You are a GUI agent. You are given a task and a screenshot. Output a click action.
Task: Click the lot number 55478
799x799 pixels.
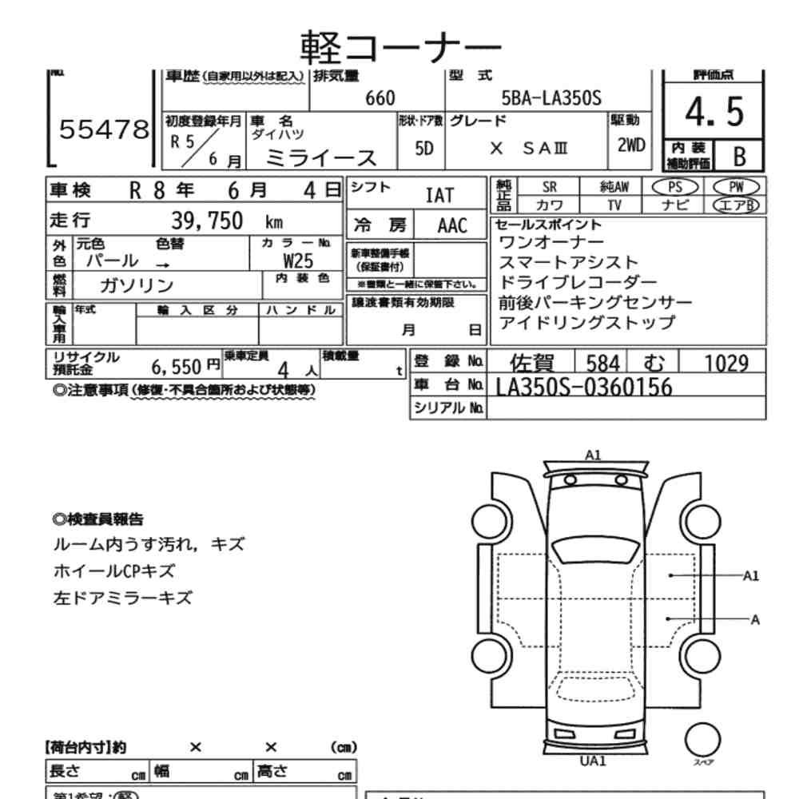coord(104,130)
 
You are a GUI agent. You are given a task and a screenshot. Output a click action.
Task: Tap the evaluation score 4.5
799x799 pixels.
coord(714,113)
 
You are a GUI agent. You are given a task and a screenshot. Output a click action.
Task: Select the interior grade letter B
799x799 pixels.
coord(738,156)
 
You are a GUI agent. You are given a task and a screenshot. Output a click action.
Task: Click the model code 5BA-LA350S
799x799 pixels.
coord(551,98)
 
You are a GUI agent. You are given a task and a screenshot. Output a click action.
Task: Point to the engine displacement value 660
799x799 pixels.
coord(380,98)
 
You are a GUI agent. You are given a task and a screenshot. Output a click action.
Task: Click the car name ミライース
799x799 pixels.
coord(320,157)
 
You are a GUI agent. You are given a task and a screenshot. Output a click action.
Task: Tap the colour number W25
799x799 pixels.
coord(298,260)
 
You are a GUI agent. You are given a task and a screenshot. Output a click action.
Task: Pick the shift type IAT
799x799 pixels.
coord(439,195)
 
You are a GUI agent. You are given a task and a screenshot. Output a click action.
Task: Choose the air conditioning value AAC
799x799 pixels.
coord(452,225)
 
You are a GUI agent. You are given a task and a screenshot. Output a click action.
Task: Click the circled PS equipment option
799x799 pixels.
coord(675,186)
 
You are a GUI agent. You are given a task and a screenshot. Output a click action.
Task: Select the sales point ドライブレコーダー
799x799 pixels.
coord(578,283)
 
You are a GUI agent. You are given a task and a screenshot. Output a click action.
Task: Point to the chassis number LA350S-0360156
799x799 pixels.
coord(584,387)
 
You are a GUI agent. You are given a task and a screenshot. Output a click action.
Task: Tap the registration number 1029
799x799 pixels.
coord(726,363)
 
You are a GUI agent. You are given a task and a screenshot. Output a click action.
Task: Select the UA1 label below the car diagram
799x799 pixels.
coord(593,761)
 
